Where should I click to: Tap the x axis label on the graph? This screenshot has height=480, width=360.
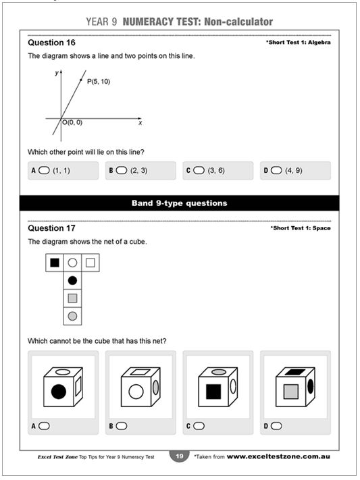coord(140,123)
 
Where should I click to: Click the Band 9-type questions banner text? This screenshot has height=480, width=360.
coord(179,203)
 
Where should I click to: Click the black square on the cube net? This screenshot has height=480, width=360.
coord(55,262)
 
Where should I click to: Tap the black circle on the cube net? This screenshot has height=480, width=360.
coord(72,279)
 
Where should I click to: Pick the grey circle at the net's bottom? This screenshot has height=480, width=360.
coord(72,315)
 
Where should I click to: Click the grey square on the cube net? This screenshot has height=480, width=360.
coord(72,298)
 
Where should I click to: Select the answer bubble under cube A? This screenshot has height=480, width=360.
coord(45,426)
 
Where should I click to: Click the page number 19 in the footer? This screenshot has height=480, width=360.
coord(179,457)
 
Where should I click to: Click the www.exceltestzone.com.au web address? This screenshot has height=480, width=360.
coord(278,457)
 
